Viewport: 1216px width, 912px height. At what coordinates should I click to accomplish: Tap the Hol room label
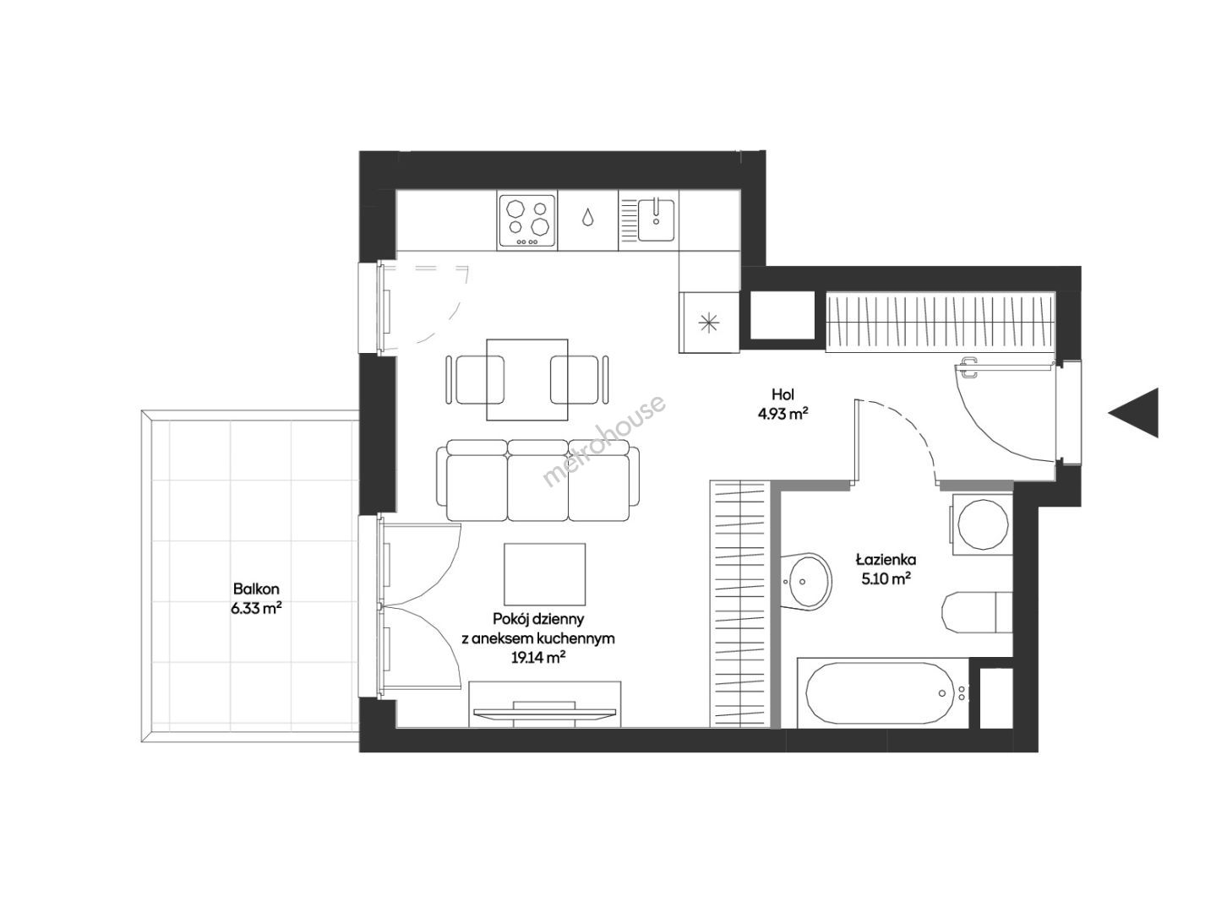pos(782,394)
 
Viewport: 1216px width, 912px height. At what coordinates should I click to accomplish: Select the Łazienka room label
pos(886,560)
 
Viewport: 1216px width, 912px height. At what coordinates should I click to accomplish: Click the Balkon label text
pos(256,589)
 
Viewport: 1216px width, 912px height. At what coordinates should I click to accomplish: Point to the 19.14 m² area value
pos(538,658)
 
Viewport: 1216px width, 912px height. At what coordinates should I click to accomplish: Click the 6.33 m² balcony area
pos(257,609)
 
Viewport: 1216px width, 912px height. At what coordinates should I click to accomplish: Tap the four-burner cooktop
pos(526,220)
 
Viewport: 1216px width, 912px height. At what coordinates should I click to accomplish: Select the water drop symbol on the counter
pos(587,218)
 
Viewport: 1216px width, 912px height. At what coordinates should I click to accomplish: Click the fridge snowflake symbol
pos(709,323)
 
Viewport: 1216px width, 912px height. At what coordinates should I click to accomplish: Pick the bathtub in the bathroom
pos(880,692)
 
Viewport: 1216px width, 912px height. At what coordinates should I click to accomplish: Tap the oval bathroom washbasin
pos(807,581)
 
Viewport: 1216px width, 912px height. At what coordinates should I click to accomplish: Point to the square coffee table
pos(544,574)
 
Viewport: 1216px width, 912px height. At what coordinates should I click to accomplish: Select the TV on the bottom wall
pos(545,712)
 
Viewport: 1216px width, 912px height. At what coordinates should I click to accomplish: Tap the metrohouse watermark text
pos(603,441)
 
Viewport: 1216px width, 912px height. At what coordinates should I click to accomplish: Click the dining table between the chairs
pos(526,380)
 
